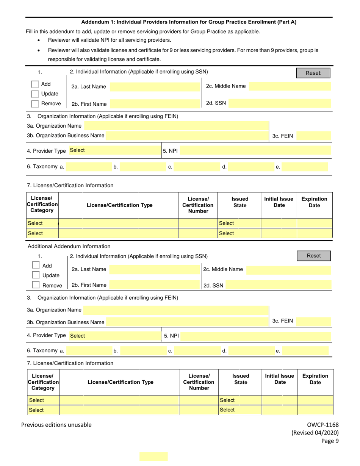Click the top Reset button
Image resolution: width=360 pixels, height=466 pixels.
(x=313, y=73)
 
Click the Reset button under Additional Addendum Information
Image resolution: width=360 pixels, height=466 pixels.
(x=314, y=256)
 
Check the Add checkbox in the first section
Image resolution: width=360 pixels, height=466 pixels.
(x=35, y=84)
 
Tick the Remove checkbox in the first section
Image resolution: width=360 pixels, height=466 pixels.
(x=35, y=103)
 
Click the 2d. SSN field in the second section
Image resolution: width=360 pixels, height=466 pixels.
(x=279, y=286)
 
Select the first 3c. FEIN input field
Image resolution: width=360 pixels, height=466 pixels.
(x=313, y=136)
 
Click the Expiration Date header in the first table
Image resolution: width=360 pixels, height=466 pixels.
(x=314, y=202)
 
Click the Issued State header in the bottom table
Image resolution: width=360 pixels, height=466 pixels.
(x=241, y=379)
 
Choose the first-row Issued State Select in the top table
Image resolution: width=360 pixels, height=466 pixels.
(x=239, y=224)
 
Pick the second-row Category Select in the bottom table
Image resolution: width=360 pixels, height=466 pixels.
(x=43, y=410)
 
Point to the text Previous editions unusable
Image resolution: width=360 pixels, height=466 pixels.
(x=56, y=425)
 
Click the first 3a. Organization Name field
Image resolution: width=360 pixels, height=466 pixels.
(x=176, y=126)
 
